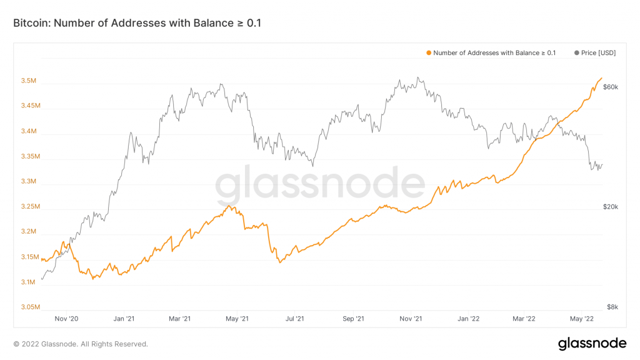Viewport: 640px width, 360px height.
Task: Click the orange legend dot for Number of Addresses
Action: tap(428, 53)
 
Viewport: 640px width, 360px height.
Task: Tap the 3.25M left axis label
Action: tap(30, 207)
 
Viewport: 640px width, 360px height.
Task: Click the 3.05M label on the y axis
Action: tap(30, 307)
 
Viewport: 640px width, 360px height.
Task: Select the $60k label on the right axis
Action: tap(610, 87)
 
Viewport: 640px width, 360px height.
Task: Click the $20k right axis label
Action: tap(610, 207)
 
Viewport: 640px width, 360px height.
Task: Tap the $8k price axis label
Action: tap(612, 307)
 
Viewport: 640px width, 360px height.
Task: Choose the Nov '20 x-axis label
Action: tap(66, 319)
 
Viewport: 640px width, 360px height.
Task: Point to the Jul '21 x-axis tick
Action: tap(295, 319)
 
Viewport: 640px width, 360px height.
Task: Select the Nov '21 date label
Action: tap(411, 319)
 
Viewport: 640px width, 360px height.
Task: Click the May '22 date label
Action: tap(582, 319)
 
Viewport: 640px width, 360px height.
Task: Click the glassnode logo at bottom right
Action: tap(591, 343)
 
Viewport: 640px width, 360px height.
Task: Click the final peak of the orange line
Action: tap(601, 78)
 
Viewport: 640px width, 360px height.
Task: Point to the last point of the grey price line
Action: tap(602, 164)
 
